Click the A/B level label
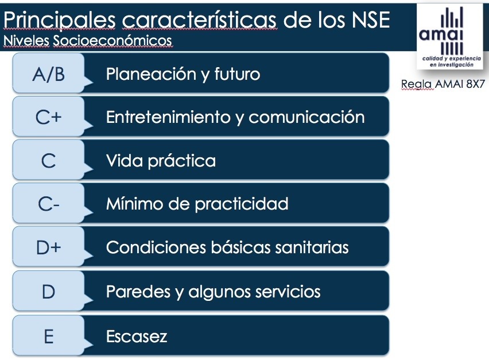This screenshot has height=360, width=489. click(48, 74)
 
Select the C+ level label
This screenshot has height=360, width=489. click(48, 117)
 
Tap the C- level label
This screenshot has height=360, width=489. click(48, 204)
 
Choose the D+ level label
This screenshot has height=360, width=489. click(48, 247)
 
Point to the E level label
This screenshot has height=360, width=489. click(48, 336)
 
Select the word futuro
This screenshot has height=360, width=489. click(237, 74)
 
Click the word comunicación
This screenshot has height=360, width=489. click(306, 117)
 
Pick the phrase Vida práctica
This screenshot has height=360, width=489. click(161, 161)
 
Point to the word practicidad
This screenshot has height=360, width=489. click(242, 204)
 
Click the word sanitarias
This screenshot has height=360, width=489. click(312, 247)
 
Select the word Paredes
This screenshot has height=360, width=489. click(138, 291)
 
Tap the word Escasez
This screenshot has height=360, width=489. click(137, 336)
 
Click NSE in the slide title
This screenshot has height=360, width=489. click(371, 20)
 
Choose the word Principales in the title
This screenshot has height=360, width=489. click(60, 20)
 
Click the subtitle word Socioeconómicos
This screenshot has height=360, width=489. click(112, 41)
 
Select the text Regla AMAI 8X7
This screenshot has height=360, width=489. click(443, 84)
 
